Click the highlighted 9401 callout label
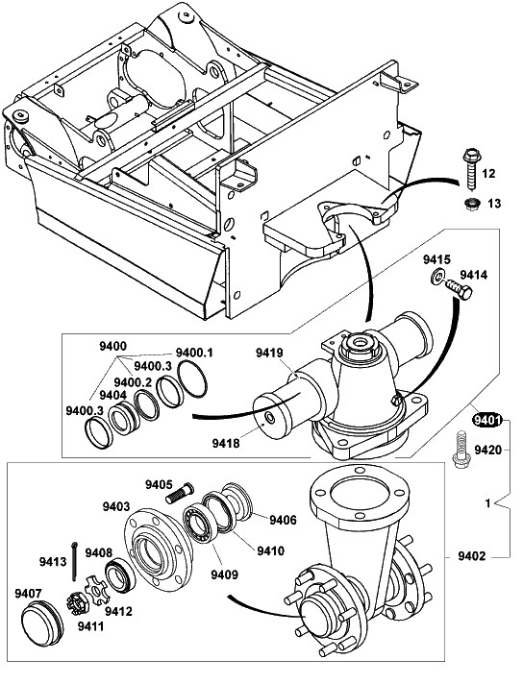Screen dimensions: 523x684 [x=487, y=421]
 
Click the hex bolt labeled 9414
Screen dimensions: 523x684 [x=459, y=289]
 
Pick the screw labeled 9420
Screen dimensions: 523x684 [x=461, y=450]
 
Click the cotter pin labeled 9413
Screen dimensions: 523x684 [x=75, y=560]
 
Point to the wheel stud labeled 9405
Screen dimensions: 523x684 [x=180, y=492]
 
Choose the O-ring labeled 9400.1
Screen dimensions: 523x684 [x=192, y=379]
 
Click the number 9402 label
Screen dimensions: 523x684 [x=471, y=556]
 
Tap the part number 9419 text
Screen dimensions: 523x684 [x=269, y=352]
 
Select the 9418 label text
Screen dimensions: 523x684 [x=226, y=443]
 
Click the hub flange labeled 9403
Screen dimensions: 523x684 [x=159, y=547]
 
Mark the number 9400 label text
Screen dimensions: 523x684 [x=112, y=347]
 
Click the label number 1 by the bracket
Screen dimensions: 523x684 [x=488, y=503]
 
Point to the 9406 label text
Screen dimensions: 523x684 [x=283, y=520]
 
